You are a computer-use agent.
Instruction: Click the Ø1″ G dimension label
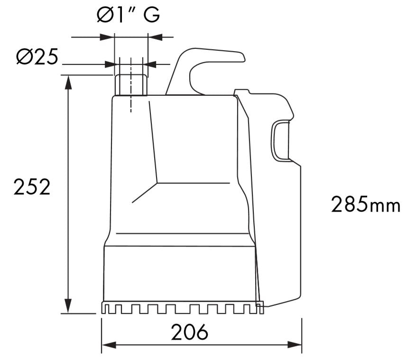[128, 15]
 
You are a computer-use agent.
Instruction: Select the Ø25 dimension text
[37, 57]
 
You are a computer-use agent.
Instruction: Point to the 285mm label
[365, 205]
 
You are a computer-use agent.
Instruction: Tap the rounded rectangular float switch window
[280, 140]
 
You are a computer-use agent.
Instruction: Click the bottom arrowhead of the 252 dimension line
[68, 305]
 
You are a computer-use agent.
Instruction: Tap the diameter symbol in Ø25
[24, 57]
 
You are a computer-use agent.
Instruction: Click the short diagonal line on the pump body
[145, 193]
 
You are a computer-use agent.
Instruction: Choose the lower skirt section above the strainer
[180, 273]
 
